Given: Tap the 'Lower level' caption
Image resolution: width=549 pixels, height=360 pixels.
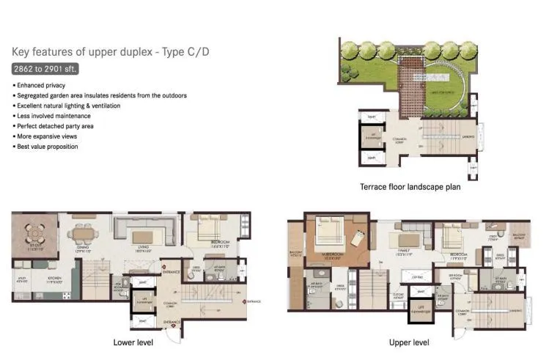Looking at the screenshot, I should click(133, 342).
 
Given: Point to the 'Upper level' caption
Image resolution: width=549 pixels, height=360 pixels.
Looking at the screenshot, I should click(409, 342).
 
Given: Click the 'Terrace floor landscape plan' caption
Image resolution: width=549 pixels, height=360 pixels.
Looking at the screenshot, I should click(410, 186).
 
